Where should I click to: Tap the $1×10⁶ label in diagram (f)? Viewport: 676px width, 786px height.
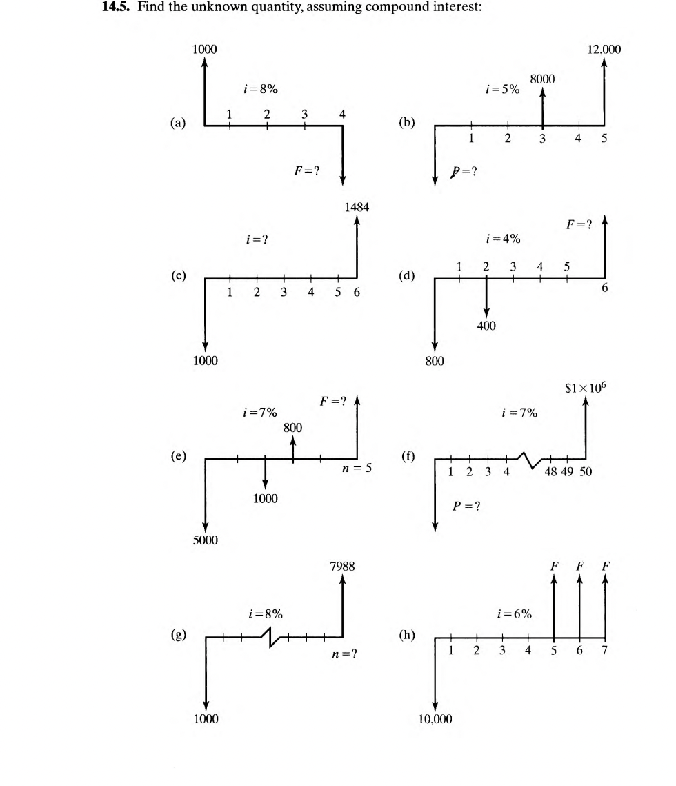point(586,389)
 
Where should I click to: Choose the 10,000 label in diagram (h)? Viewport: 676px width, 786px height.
point(435,719)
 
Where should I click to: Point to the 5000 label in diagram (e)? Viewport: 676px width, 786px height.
point(205,540)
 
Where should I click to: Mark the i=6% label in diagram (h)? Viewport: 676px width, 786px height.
point(515,613)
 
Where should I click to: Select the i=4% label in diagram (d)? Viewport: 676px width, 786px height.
point(504,239)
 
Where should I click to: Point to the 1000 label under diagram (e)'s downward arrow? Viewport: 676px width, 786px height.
point(265,498)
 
